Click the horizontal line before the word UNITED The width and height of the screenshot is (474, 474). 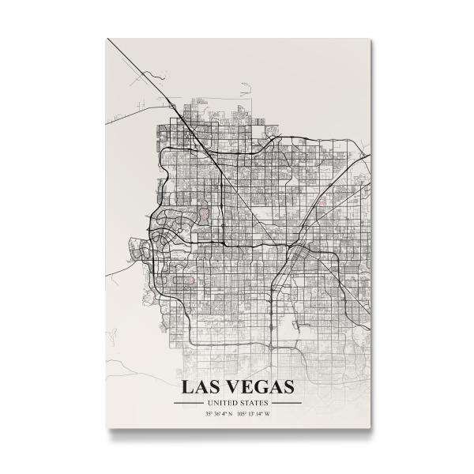click(x=189, y=403)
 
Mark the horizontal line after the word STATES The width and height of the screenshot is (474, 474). click(x=286, y=403)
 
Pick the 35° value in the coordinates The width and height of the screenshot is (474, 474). click(x=209, y=413)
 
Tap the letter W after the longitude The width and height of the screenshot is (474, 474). click(x=269, y=413)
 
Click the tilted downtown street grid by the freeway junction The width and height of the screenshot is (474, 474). click(x=303, y=254)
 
